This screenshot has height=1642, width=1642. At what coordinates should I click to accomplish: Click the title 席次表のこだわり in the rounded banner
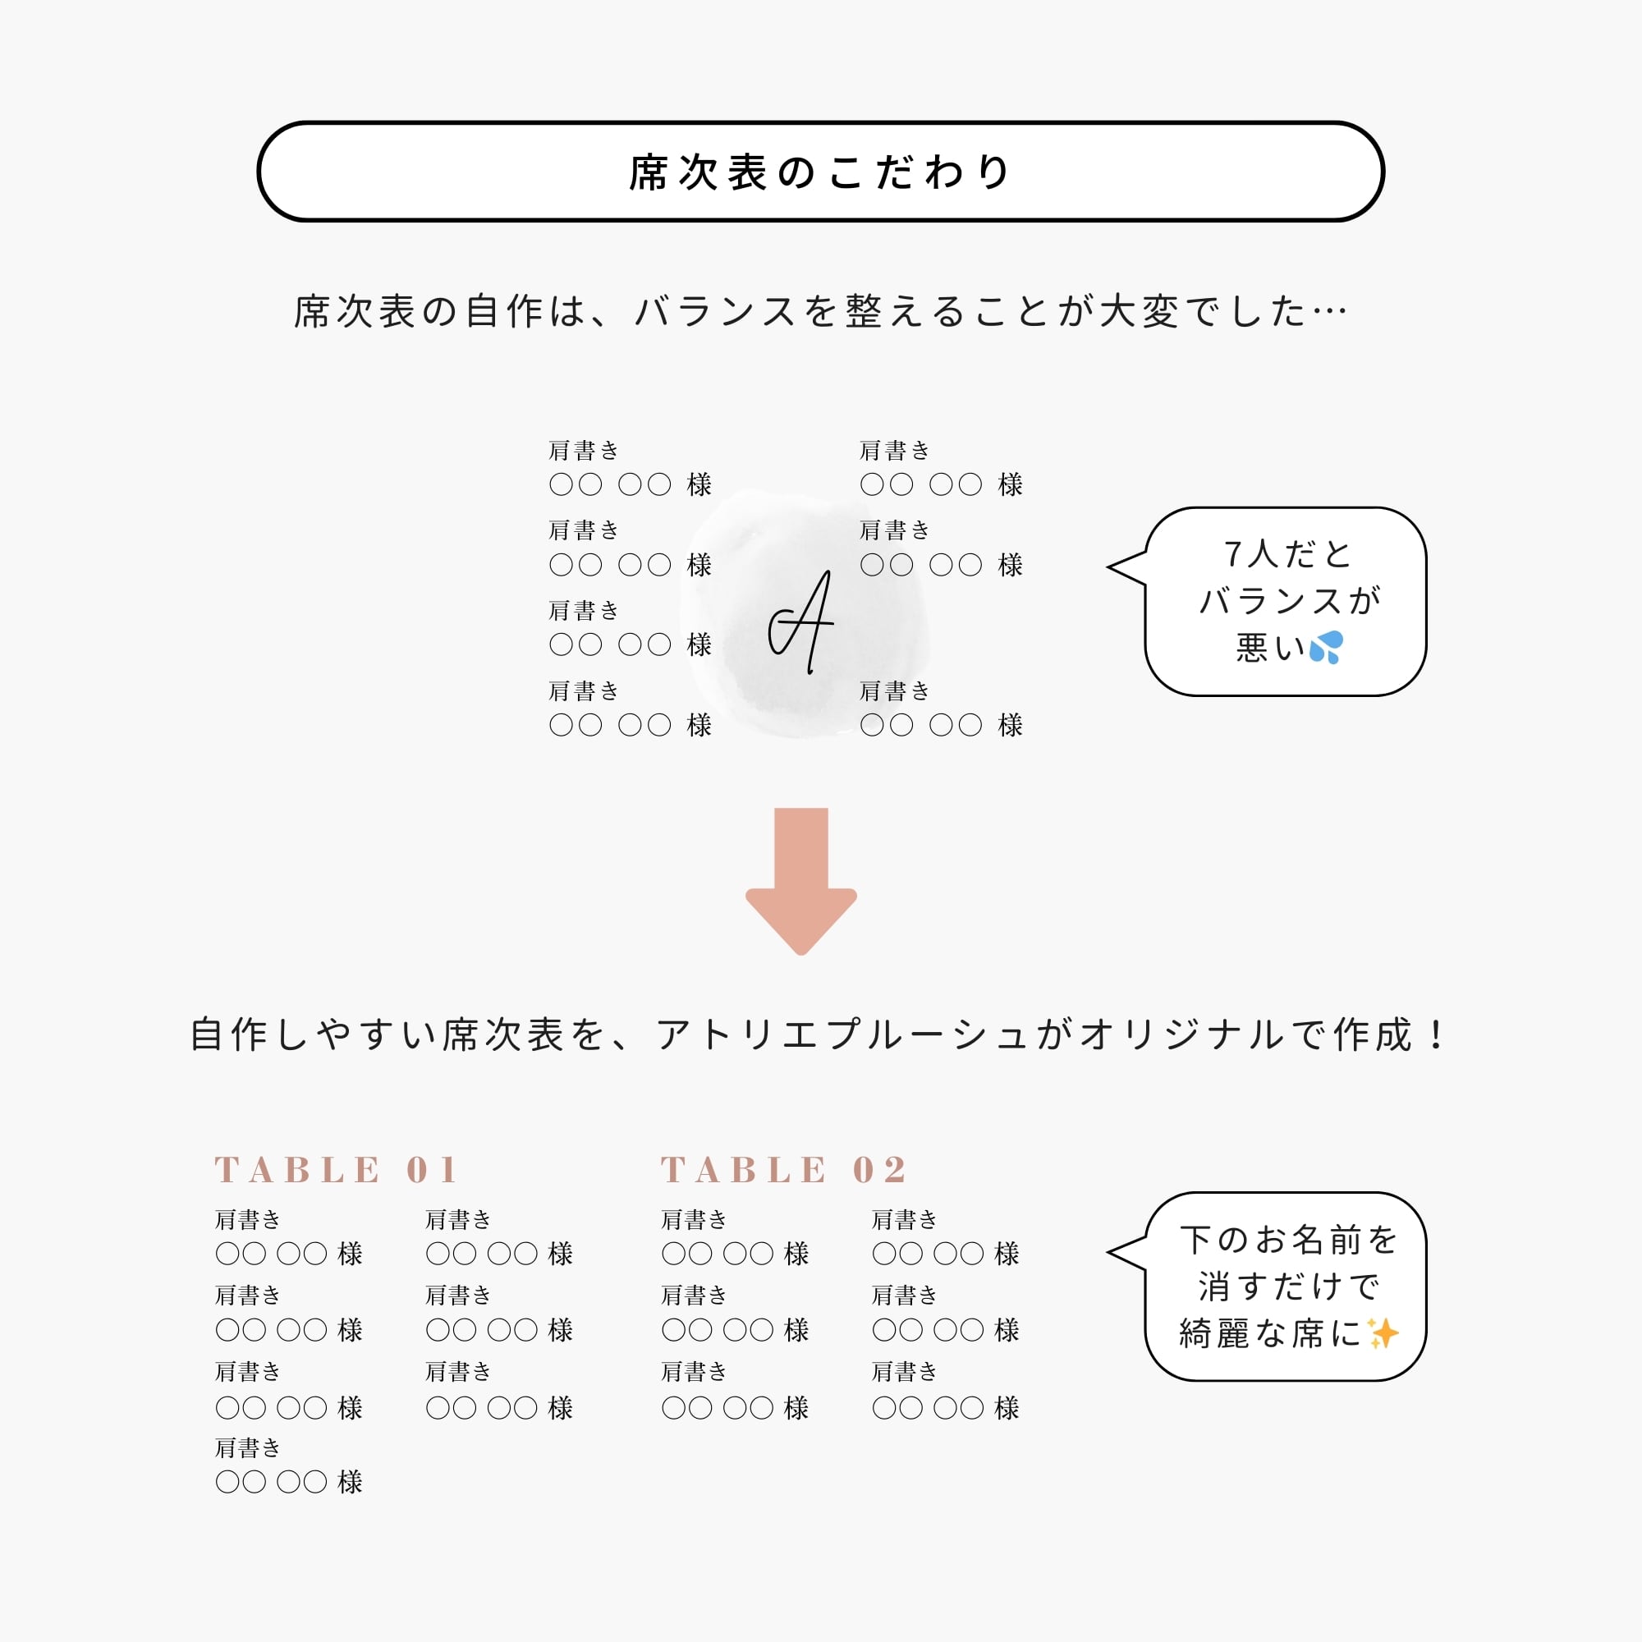(820, 172)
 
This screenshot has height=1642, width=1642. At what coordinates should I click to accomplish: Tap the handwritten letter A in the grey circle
(802, 623)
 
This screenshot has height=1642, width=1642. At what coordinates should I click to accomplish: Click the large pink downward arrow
(800, 879)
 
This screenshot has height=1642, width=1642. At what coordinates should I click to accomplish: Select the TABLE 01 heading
(336, 1169)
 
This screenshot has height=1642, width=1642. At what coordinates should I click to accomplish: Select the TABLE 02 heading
(782, 1169)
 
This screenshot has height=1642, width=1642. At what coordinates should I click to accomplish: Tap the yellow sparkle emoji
(1383, 1332)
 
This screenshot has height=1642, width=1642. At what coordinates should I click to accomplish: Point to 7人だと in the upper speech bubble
(1287, 554)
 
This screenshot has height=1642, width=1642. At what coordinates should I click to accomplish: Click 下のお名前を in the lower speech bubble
(1288, 1240)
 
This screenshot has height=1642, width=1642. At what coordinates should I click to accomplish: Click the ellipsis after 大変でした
(1329, 312)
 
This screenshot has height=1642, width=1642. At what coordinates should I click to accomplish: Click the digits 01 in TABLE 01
(433, 1169)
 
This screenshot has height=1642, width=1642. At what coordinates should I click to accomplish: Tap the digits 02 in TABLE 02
(879, 1169)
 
